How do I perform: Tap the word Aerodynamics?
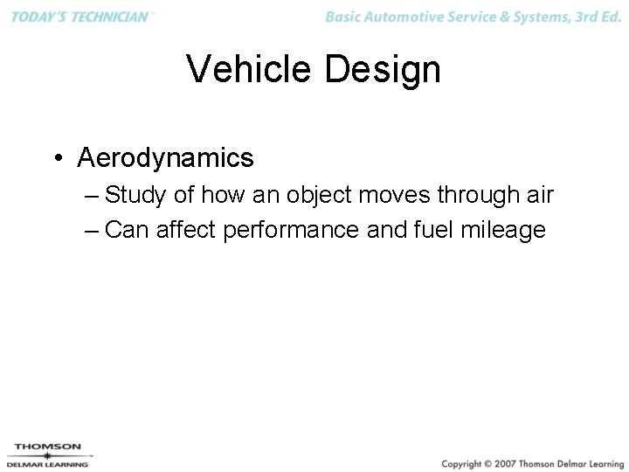(165, 158)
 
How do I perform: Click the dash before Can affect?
(93, 230)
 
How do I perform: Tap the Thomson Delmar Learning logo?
(49, 455)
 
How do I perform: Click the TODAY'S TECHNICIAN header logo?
(81, 17)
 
